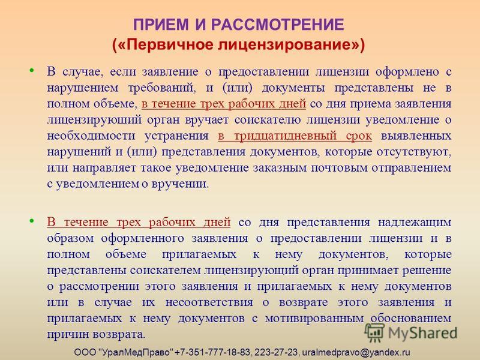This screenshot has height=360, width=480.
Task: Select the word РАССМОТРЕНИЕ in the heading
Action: [x=278, y=25]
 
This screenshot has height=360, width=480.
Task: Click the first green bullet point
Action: [x=32, y=71]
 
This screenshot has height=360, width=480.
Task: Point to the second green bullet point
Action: [x=32, y=221]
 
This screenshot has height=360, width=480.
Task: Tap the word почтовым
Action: [x=340, y=168]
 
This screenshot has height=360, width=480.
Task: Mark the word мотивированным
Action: [x=314, y=319]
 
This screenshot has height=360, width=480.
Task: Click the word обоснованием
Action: [x=411, y=319]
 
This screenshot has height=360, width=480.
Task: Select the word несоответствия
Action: [x=209, y=302]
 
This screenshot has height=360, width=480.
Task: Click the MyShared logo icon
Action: [x=374, y=332]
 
